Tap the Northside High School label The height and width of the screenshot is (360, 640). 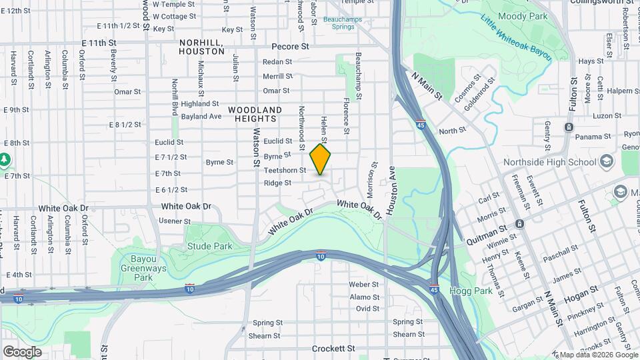565,162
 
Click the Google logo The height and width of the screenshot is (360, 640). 21,351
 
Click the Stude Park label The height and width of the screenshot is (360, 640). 209,246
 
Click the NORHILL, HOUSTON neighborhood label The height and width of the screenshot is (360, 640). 201,47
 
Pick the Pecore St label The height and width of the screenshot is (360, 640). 291,47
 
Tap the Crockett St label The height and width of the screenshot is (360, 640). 334,349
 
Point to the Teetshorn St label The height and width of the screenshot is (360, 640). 285,171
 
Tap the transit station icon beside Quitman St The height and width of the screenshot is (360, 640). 519,224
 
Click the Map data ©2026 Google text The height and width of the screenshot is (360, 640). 597,355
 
